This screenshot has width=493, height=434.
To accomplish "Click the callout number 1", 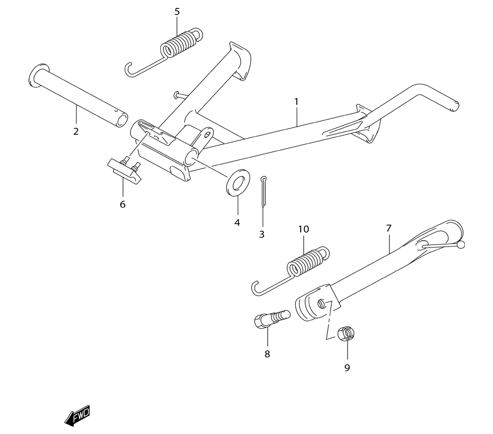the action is (x=296, y=102).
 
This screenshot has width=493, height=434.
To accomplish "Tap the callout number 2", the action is (x=76, y=131).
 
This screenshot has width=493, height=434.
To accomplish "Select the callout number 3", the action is (x=262, y=234).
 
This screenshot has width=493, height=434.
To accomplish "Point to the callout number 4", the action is (x=237, y=222).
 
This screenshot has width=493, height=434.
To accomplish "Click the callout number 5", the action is (x=177, y=12).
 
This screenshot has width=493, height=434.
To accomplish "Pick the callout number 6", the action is (x=123, y=204).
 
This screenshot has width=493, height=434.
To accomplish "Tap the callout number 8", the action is (x=267, y=354).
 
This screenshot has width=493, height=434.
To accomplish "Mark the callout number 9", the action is (x=347, y=367).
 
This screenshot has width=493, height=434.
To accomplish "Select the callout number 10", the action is (x=303, y=229).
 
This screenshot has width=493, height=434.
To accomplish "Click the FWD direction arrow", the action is (x=77, y=416).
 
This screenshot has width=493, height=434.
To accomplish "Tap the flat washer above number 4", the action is (x=238, y=182).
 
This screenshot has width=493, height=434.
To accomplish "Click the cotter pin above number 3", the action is (x=263, y=191).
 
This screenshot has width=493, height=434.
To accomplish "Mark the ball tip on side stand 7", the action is (x=461, y=245).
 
